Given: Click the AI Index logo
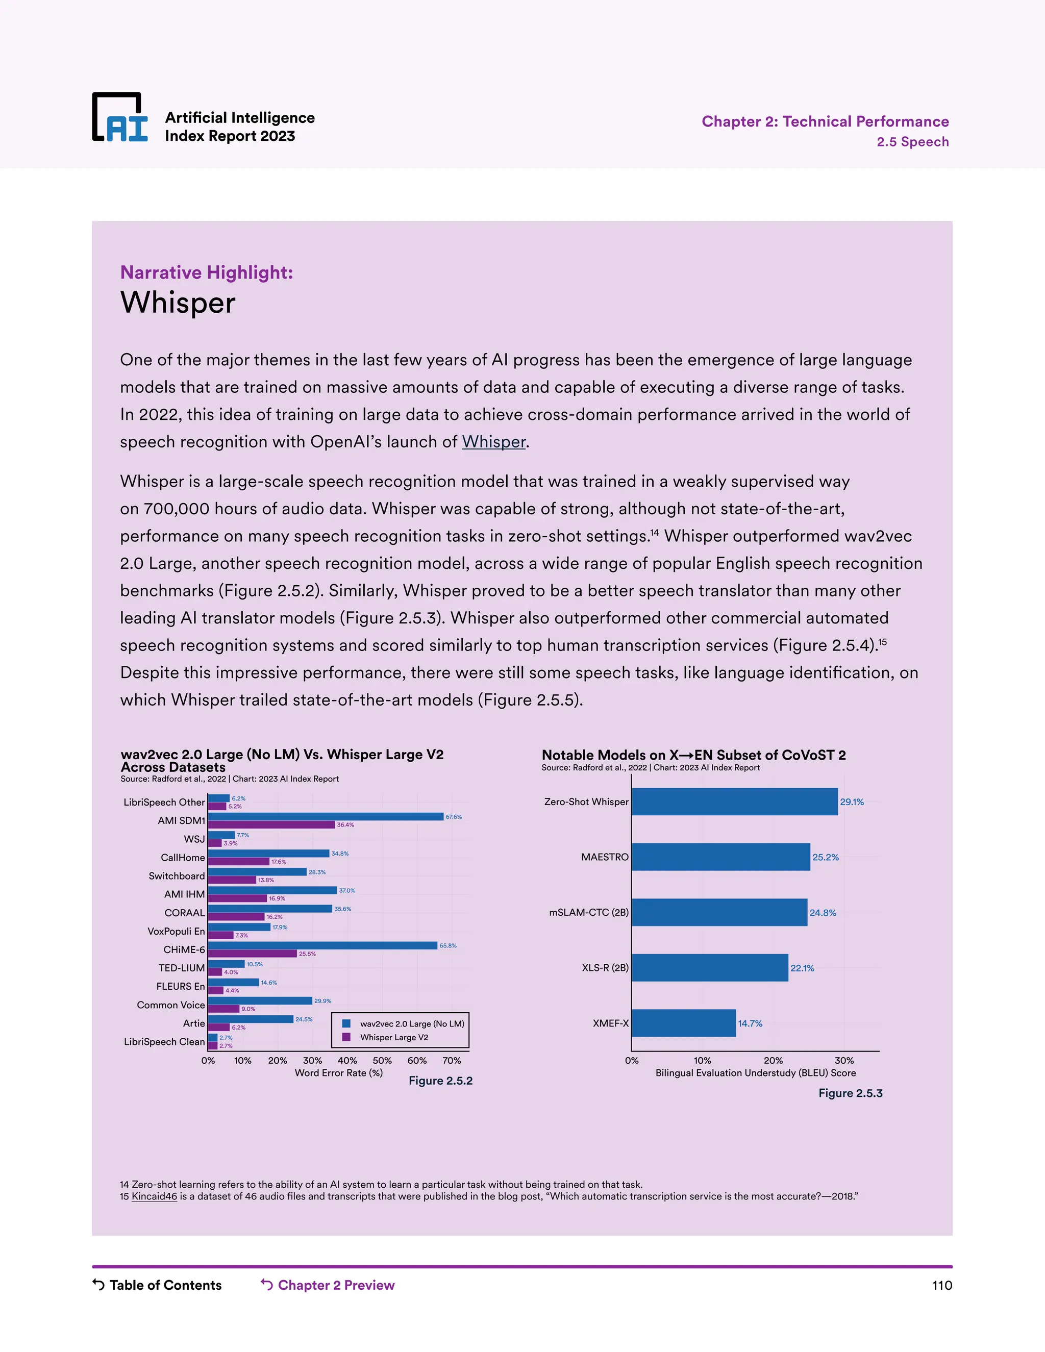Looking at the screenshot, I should click(x=120, y=118).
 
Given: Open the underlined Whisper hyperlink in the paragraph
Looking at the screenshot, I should click(x=493, y=442).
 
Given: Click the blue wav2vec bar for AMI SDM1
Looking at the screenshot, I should click(x=326, y=816).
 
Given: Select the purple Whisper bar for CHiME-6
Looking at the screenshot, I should click(x=253, y=954).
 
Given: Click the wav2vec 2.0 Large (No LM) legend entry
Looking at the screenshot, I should click(x=412, y=1024).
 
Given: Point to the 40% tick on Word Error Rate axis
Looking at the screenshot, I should click(x=347, y=1061).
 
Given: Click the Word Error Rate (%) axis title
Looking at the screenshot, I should click(x=339, y=1073).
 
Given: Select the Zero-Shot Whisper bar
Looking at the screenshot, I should click(x=734, y=802).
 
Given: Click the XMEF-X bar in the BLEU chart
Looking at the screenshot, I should click(x=683, y=1023).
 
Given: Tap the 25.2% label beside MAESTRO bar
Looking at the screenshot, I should click(x=825, y=858).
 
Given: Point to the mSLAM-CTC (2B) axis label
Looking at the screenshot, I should click(x=589, y=913).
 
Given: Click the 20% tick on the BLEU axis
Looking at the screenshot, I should click(x=773, y=1061).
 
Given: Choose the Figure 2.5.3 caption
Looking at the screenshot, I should click(x=850, y=1093).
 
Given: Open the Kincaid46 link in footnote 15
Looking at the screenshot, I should click(x=154, y=1196).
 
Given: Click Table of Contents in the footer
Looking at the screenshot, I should click(x=165, y=1285).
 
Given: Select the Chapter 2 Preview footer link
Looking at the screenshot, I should click(x=336, y=1285).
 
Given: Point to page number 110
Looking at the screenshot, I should click(x=941, y=1286).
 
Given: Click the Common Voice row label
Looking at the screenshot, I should click(x=171, y=1005).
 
